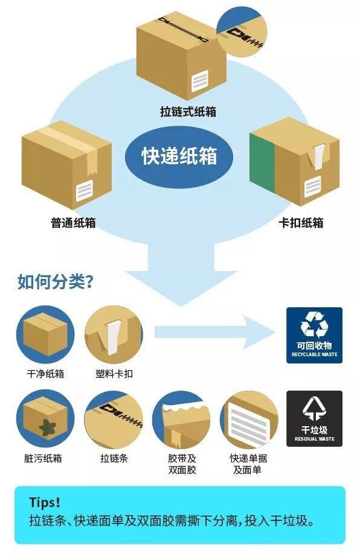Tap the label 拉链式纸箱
pyautogui.click(x=188, y=112)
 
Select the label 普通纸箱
pyautogui.click(x=73, y=223)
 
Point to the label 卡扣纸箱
pyautogui.click(x=301, y=223)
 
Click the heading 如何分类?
pyautogui.click(x=56, y=281)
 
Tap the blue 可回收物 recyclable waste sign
pyautogui.click(x=314, y=335)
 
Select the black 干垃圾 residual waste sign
pyautogui.click(x=314, y=418)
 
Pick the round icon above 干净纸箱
pyautogui.click(x=45, y=334)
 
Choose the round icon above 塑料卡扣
pyautogui.click(x=114, y=334)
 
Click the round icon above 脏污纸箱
pyautogui.click(x=45, y=419)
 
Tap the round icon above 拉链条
pyautogui.click(x=114, y=419)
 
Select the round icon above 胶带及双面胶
pyautogui.click(x=181, y=419)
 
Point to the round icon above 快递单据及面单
pyautogui.click(x=249, y=419)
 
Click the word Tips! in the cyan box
pyautogui.click(x=45, y=502)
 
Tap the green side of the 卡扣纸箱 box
pyautogui.click(x=262, y=162)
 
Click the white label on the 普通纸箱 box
pyautogui.click(x=84, y=191)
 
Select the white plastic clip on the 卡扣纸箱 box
pyautogui.click(x=319, y=156)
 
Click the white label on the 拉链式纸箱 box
pyautogui.click(x=200, y=80)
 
